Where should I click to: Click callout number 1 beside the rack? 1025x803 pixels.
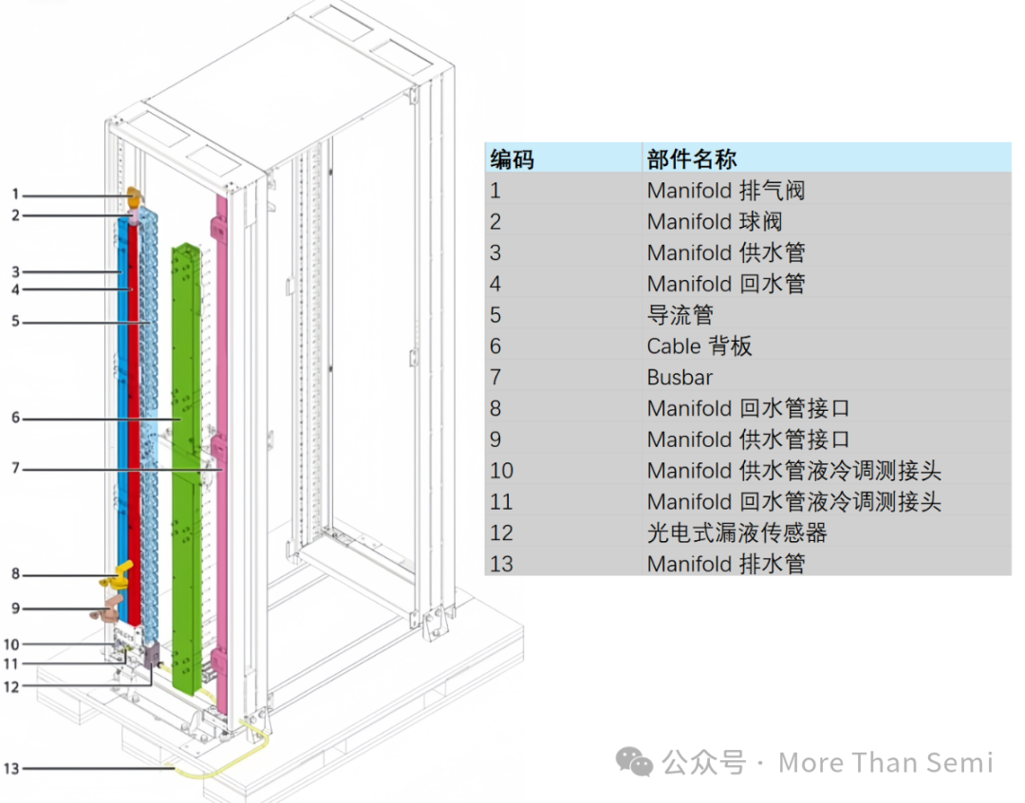(x=15, y=195)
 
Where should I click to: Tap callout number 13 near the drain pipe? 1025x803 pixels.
(x=11, y=768)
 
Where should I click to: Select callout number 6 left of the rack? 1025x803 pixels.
(x=15, y=418)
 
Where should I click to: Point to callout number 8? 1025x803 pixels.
(x=15, y=574)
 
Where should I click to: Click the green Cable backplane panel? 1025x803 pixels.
(x=184, y=456)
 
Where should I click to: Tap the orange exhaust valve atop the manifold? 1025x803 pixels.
(x=134, y=197)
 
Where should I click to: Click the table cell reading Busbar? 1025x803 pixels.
(x=680, y=377)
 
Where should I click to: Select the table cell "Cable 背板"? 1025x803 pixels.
(x=699, y=346)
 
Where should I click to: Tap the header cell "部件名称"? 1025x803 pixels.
(x=692, y=159)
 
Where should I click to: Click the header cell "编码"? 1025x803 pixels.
(x=512, y=159)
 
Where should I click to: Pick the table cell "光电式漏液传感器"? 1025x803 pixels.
(x=736, y=532)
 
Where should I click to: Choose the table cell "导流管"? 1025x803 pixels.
(x=680, y=315)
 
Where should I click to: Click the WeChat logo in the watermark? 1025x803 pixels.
(x=634, y=761)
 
